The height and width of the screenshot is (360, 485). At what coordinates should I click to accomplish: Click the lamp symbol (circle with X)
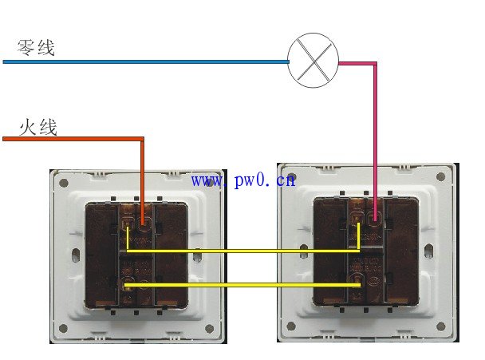313,61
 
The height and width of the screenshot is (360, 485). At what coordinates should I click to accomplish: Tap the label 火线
37,126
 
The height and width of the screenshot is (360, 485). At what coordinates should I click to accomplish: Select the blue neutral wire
144,61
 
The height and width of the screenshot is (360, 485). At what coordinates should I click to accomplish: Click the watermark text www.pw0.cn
243,180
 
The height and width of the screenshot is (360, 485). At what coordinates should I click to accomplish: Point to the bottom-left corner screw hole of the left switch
64,329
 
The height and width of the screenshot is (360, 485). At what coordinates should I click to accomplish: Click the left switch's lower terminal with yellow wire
126,283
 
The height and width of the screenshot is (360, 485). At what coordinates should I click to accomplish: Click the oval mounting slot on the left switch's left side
76,256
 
